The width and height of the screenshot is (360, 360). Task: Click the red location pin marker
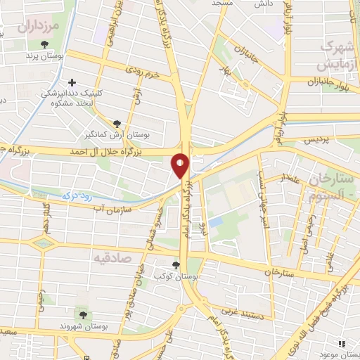(x=181, y=166)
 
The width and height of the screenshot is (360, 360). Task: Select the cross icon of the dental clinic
(x=72, y=82)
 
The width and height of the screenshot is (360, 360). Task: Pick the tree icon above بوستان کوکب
(x=175, y=265)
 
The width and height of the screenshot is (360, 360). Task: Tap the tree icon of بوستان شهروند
(x=83, y=314)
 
